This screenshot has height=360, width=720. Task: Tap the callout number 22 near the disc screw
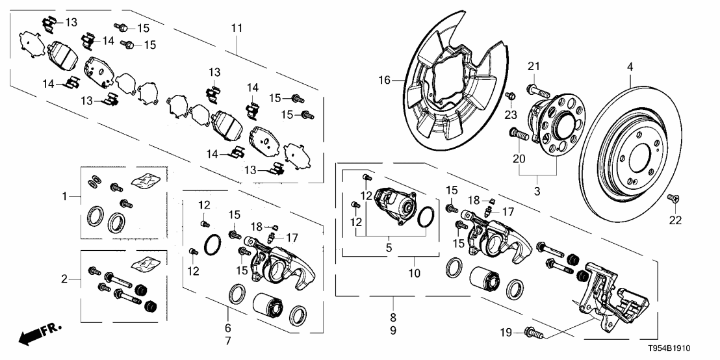click(x=675, y=220)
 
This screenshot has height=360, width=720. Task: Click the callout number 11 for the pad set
click(x=237, y=28)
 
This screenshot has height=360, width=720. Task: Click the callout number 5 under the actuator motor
click(x=388, y=247)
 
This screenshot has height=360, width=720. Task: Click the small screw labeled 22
click(x=675, y=197)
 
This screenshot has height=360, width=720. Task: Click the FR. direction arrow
click(x=36, y=335)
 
